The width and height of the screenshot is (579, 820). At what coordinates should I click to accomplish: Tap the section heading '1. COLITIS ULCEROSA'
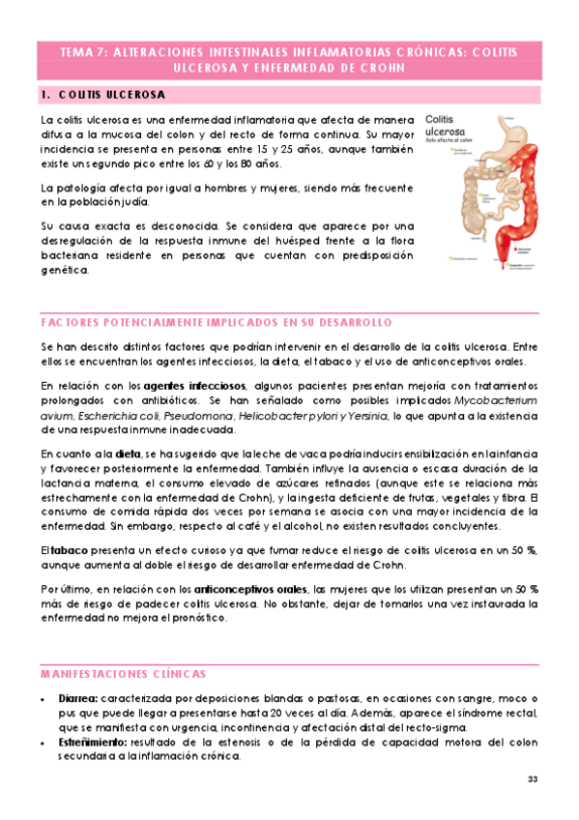pos(102,95)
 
